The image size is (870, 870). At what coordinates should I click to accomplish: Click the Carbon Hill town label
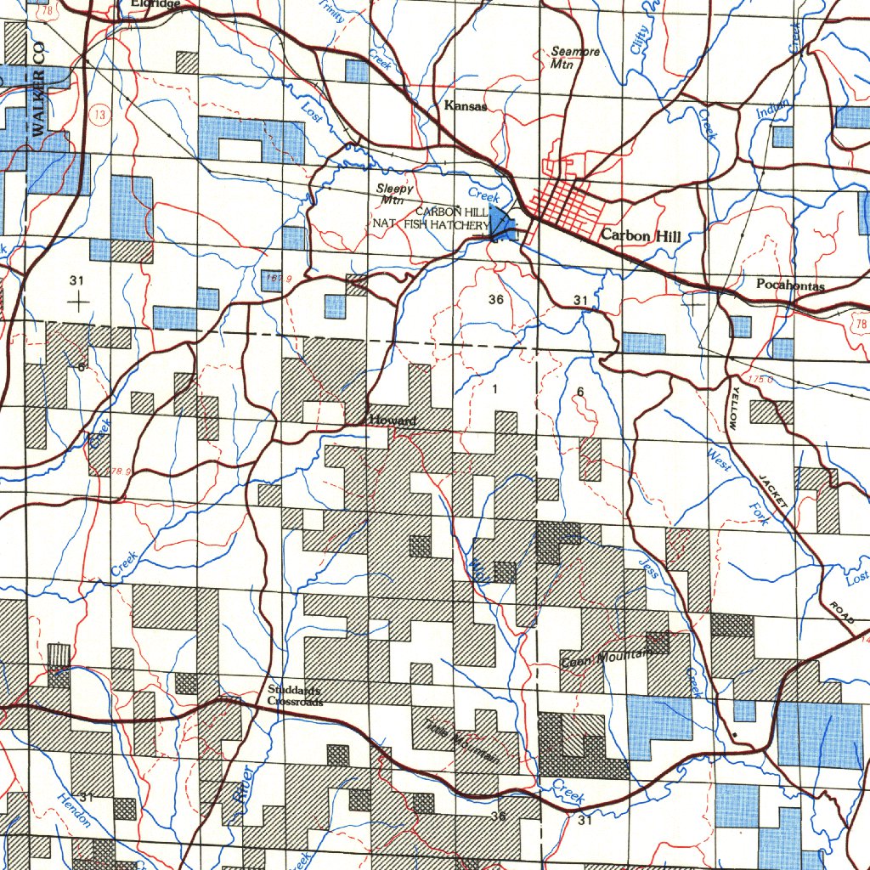pyautogui.click(x=640, y=235)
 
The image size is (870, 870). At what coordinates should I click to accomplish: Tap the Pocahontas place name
pyautogui.click(x=790, y=285)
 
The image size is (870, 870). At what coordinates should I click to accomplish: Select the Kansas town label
pyautogui.click(x=466, y=107)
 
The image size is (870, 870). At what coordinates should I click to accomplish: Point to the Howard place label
pyautogui.click(x=393, y=421)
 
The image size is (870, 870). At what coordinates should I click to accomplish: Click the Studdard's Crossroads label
pyautogui.click(x=295, y=696)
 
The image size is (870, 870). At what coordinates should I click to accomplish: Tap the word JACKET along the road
pyautogui.click(x=774, y=490)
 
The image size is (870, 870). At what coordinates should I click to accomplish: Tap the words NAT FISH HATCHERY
pyautogui.click(x=431, y=225)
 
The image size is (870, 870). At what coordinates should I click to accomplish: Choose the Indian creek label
pyautogui.click(x=772, y=111)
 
